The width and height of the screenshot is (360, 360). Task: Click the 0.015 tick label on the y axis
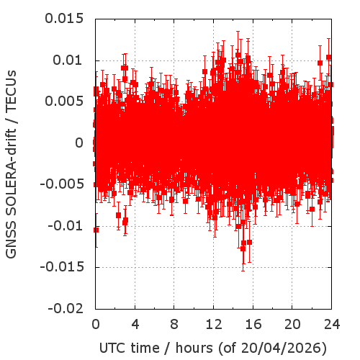click(x=64, y=19)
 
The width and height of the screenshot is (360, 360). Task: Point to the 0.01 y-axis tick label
click(x=68, y=60)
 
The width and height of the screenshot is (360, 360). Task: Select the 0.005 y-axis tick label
click(x=64, y=102)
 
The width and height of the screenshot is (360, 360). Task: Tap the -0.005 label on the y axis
click(x=62, y=184)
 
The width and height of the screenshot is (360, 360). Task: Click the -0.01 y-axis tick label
click(x=66, y=225)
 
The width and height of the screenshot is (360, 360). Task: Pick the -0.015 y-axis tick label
click(x=62, y=267)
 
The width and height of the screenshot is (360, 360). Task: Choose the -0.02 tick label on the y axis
click(x=66, y=308)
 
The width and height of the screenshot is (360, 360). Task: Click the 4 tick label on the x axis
click(x=135, y=325)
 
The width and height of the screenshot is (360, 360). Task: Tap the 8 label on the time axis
click(x=174, y=325)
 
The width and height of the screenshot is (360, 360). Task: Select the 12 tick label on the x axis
click(x=214, y=325)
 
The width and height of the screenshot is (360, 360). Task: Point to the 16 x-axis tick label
click(x=253, y=325)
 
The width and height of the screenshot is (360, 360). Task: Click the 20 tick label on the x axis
click(x=292, y=325)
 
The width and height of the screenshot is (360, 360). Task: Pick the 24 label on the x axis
click(x=332, y=325)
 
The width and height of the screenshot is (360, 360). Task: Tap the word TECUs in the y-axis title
click(x=11, y=91)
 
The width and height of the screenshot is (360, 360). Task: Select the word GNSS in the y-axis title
click(x=11, y=240)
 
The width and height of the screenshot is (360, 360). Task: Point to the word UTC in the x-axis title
click(x=113, y=348)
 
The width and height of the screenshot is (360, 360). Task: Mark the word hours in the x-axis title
click(x=194, y=348)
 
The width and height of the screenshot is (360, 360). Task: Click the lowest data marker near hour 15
click(x=243, y=249)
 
